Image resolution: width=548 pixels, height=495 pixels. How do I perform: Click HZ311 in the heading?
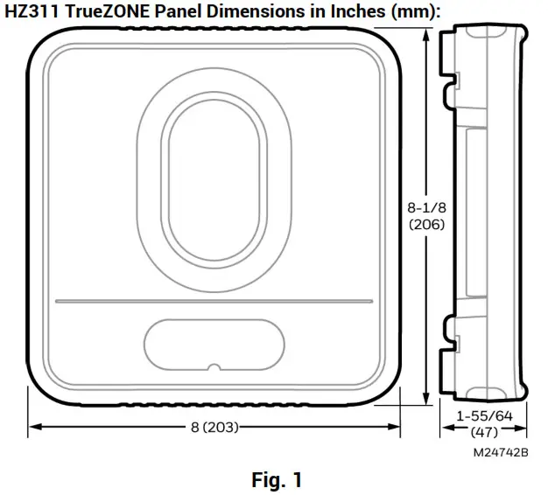click(x=34, y=10)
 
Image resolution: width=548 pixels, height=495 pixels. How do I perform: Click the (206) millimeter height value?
click(x=426, y=224)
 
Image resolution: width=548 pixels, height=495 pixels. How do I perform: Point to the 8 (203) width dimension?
click(x=214, y=428)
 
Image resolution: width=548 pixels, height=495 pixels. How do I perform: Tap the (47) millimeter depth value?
click(x=483, y=432)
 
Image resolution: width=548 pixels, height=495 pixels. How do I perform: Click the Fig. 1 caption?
click(x=276, y=479)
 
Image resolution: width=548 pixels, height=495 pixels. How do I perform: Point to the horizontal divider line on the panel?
click(x=214, y=301)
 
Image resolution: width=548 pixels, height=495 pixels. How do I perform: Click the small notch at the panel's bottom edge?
click(x=214, y=367)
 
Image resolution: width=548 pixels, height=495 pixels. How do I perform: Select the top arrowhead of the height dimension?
click(x=426, y=32)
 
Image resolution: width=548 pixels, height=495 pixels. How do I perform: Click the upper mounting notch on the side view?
click(x=453, y=81)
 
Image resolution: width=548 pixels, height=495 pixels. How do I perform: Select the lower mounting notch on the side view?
click(x=453, y=325)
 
